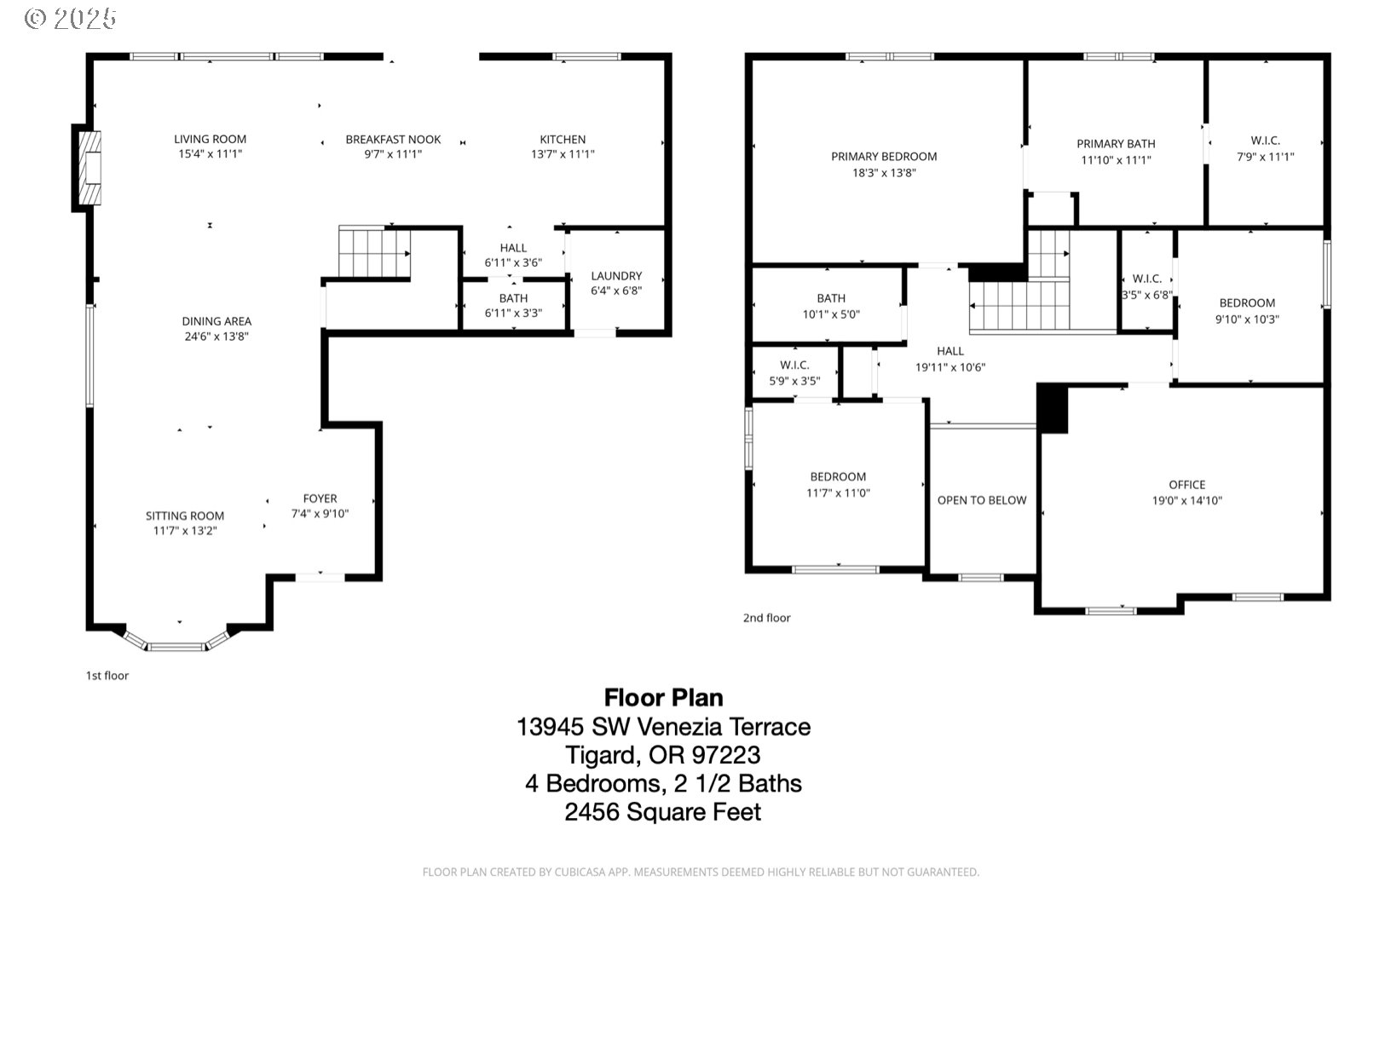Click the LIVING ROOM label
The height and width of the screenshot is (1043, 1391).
pos(210,139)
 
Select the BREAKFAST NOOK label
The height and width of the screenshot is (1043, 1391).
pos(393,139)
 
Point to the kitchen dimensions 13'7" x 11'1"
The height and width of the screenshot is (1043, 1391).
pos(563,154)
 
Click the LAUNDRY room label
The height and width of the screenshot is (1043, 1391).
pos(616,275)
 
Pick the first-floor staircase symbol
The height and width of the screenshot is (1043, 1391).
pos(374,252)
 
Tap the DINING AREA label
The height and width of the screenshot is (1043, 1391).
pos(216,321)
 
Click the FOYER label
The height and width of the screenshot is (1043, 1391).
pos(320,498)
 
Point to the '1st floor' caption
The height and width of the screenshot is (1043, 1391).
pos(107,676)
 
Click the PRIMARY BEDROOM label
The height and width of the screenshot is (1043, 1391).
pos(884,157)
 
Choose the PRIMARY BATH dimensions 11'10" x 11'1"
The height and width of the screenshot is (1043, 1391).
pos(1116,160)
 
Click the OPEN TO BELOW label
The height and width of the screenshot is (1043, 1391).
pos(982,500)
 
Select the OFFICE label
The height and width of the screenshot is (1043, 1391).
pos(1187,485)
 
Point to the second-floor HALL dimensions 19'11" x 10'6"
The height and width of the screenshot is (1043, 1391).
pos(950,367)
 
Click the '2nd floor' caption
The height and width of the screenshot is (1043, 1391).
pos(767,618)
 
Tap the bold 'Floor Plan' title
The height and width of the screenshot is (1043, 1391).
pos(663,697)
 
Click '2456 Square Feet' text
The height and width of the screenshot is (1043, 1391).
pos(663,812)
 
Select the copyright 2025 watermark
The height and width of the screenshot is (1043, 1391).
pos(71,19)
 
